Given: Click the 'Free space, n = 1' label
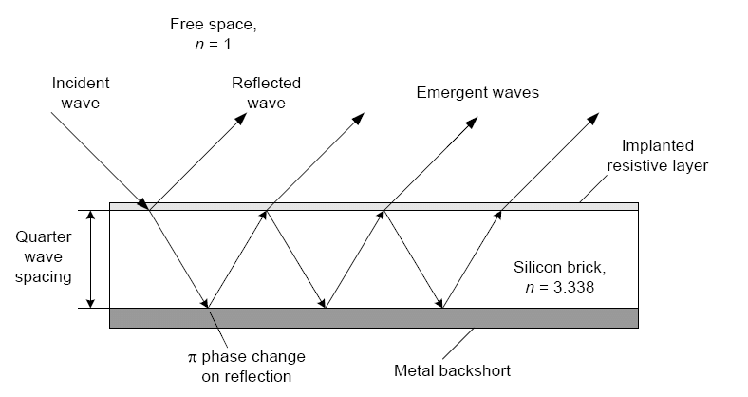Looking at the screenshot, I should pyautogui.click(x=207, y=33).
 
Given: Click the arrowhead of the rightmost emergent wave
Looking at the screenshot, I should pyautogui.click(x=593, y=122).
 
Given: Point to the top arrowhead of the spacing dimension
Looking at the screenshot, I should pyautogui.click(x=91, y=216).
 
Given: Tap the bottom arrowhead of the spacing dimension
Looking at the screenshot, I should pyautogui.click(x=91, y=303).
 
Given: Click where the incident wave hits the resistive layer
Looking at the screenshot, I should pyautogui.click(x=148, y=207).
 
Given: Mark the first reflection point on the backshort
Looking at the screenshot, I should pyautogui.click(x=208, y=308).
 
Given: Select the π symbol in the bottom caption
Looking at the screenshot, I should pyautogui.click(x=191, y=359).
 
